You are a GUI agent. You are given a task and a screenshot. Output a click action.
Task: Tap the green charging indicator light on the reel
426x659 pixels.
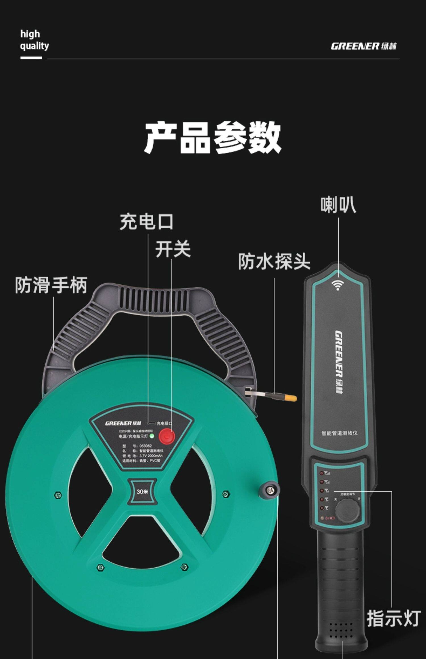[152, 436]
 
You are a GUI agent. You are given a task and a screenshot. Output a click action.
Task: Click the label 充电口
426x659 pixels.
[146, 222]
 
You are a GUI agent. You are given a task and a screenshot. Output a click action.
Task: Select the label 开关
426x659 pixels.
[173, 249]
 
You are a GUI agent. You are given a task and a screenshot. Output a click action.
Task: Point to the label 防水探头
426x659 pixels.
[274, 261]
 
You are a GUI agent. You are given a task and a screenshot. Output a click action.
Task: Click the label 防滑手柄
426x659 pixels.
[51, 285]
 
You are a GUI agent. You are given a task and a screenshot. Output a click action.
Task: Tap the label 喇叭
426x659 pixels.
[338, 205]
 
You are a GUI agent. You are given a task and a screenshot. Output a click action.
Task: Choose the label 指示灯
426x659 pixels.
[394, 618]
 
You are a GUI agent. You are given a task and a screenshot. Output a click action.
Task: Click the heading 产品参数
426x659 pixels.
[213, 138]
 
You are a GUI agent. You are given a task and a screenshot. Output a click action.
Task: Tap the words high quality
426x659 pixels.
[34, 40]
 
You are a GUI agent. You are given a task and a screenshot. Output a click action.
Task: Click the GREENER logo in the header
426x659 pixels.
[363, 46]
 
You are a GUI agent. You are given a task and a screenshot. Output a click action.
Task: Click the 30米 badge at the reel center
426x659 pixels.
[142, 492]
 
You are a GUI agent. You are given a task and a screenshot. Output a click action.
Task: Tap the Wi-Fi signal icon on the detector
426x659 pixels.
[337, 285]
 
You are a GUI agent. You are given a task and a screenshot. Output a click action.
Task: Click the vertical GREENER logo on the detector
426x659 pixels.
[339, 362]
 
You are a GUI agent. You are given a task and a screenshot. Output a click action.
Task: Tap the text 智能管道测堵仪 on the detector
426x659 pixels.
[339, 433]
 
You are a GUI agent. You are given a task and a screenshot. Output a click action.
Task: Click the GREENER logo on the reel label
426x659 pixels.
[123, 423]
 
